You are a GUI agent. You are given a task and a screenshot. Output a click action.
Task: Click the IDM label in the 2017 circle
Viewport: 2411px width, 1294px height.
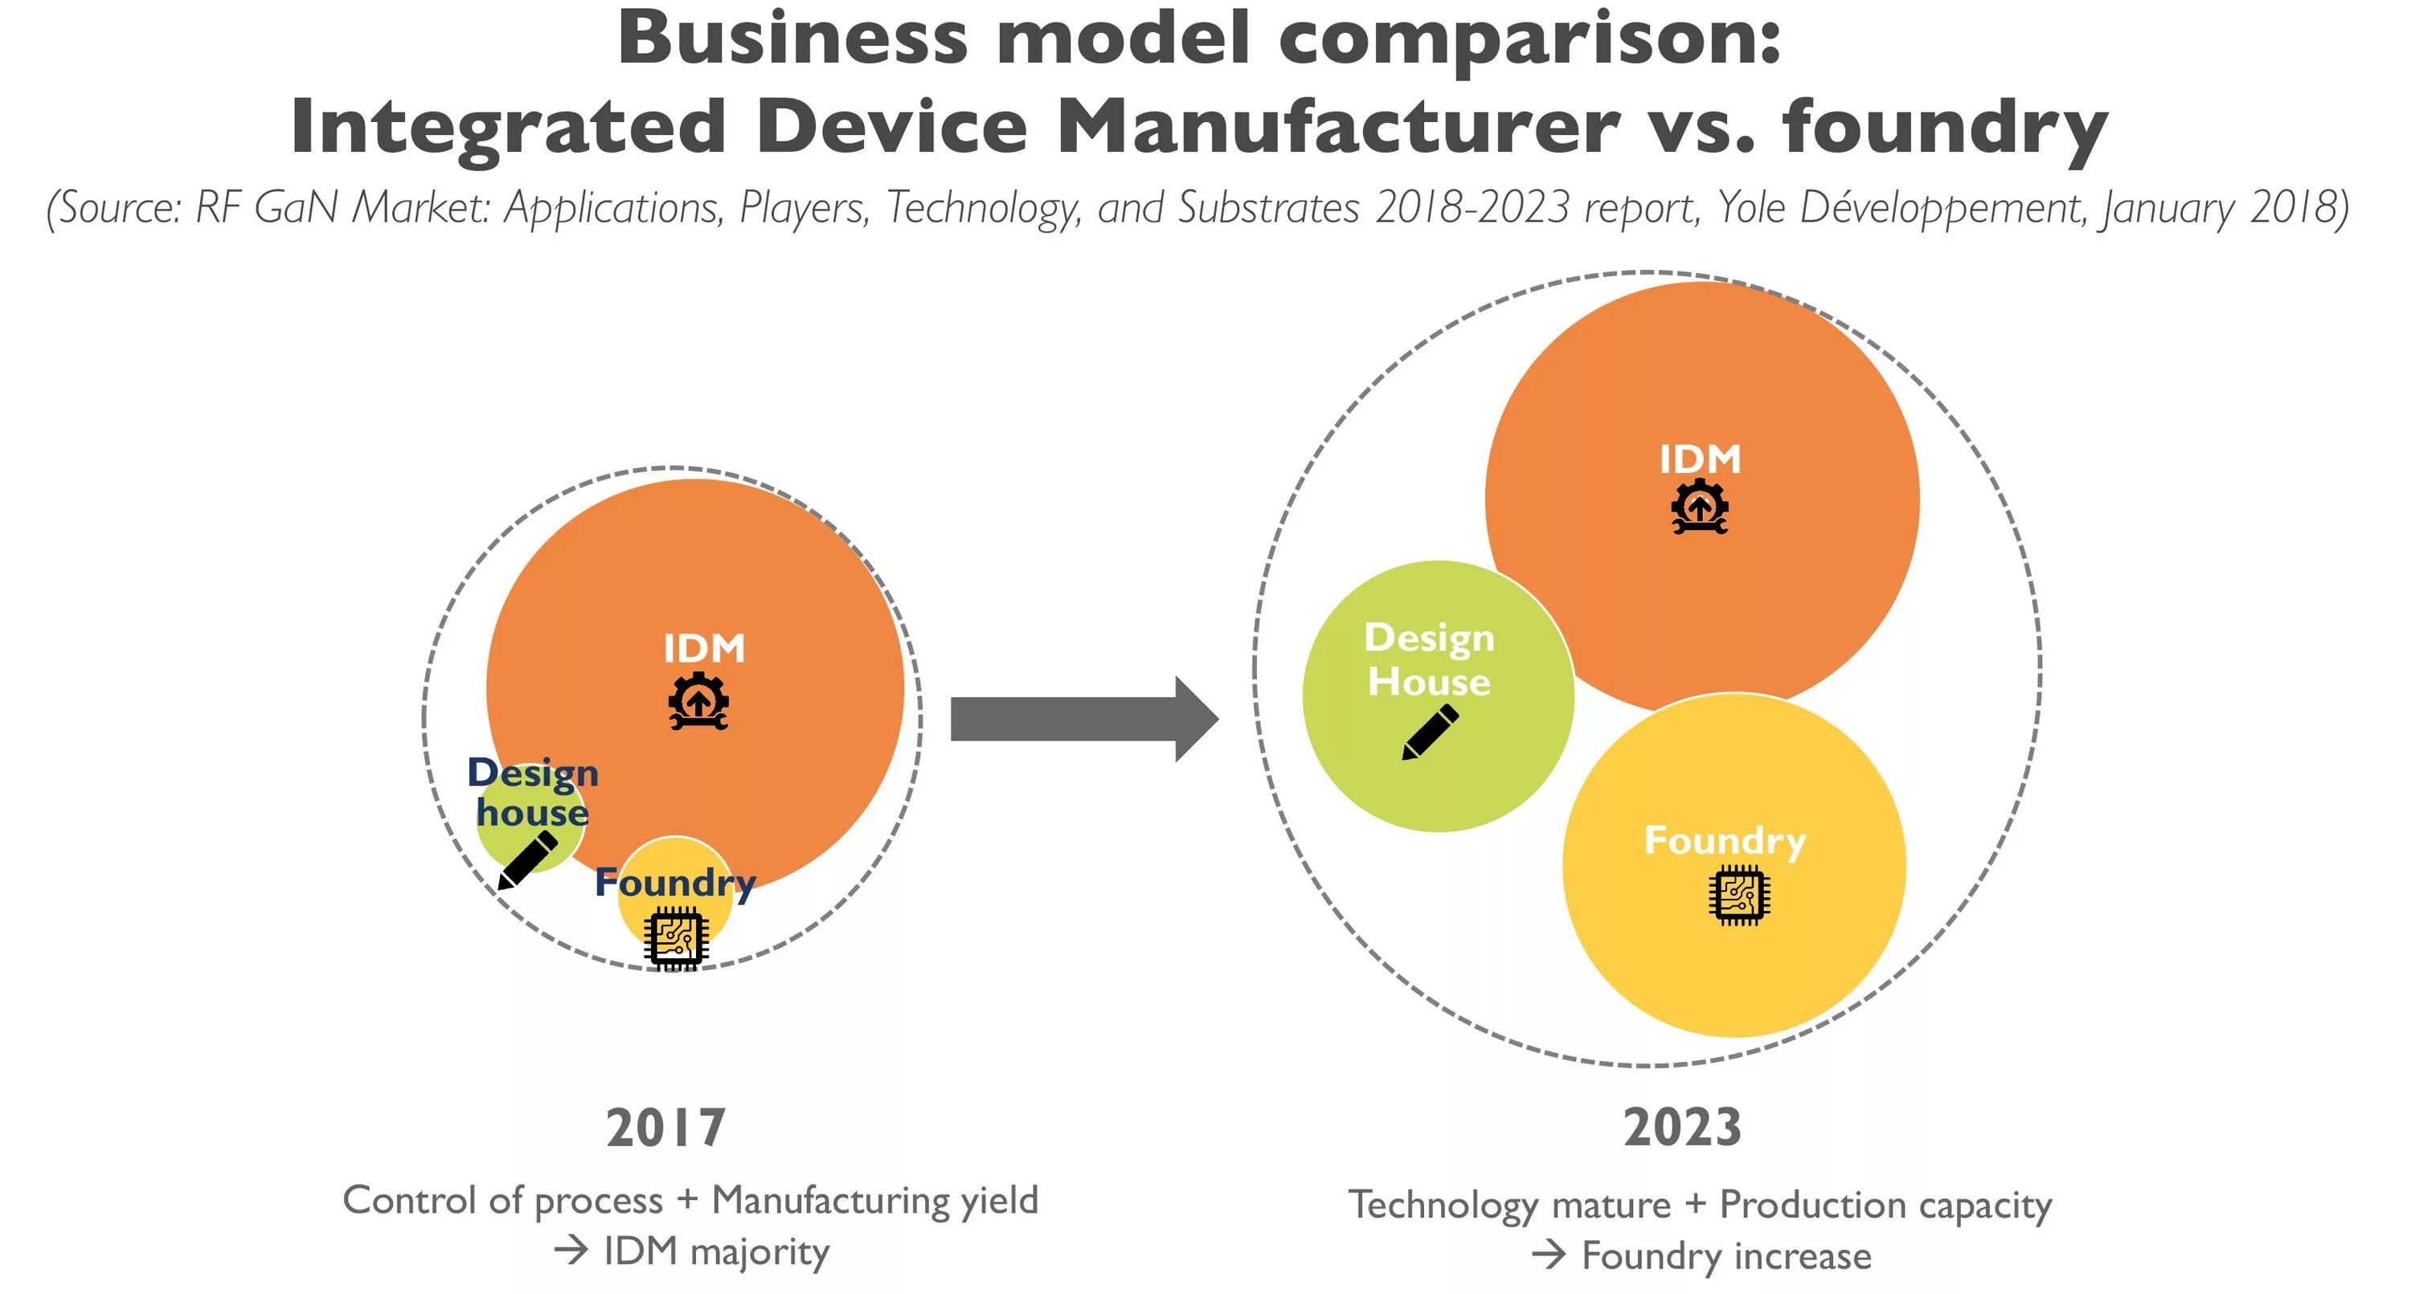[x=704, y=648]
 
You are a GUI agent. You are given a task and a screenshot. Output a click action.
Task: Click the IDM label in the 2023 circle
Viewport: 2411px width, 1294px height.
[x=1700, y=459]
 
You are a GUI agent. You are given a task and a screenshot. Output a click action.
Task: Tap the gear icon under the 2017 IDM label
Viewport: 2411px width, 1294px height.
[x=698, y=700]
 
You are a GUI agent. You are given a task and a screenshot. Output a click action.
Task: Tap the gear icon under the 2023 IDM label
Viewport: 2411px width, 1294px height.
[x=1700, y=507]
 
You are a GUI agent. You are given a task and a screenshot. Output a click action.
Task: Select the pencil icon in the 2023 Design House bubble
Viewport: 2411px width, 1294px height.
[x=1431, y=733]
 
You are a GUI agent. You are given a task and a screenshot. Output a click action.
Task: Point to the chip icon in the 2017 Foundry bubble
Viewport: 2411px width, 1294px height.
[x=675, y=938]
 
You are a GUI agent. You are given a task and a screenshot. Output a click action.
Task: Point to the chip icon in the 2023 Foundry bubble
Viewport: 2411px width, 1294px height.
[x=1739, y=896]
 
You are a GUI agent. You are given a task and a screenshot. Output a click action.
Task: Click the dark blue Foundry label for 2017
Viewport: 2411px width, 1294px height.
[x=675, y=882]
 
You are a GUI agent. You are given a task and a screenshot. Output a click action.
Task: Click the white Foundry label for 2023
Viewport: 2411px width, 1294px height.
[x=1725, y=840]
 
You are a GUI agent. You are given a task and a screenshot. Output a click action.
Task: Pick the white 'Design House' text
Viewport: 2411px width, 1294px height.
[x=1429, y=659]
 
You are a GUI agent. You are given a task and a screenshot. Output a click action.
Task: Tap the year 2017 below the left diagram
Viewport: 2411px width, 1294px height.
[x=666, y=1128]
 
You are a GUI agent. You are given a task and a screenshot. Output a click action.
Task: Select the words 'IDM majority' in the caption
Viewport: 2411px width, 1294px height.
[x=716, y=1252]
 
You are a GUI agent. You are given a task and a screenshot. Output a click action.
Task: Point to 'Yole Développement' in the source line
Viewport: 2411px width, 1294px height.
[x=1900, y=208]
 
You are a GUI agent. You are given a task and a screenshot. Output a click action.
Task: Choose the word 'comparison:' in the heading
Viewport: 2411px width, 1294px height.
[x=1529, y=39]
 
